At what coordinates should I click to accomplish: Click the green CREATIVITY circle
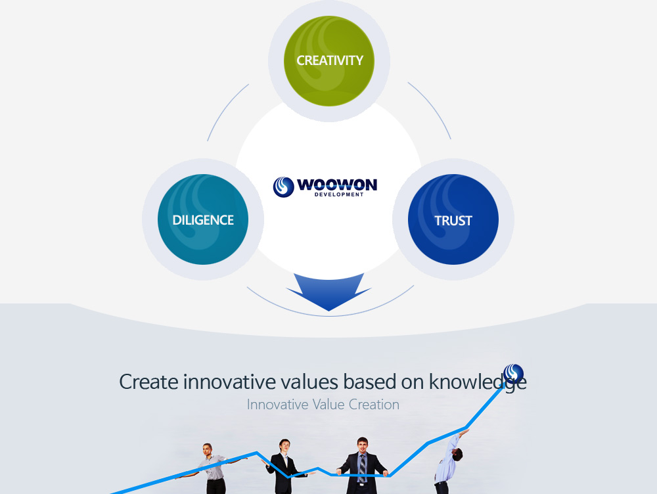pos(329,61)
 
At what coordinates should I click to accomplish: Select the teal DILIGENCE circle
pos(203,219)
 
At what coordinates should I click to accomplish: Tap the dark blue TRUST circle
pos(453,219)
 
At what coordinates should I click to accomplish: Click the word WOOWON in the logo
pos(337,185)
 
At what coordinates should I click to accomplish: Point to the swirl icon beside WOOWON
pos(284,187)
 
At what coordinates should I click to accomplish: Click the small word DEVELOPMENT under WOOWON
pos(339,194)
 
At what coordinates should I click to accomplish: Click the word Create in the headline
pos(148,382)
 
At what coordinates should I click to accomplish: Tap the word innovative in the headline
pos(229,382)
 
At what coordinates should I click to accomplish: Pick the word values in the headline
pos(309,382)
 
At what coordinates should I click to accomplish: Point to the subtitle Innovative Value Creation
pos(323,405)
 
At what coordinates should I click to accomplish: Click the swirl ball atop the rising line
pos(514,374)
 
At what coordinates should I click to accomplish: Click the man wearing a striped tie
pos(362,466)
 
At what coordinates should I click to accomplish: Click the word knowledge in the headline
pos(478,382)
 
